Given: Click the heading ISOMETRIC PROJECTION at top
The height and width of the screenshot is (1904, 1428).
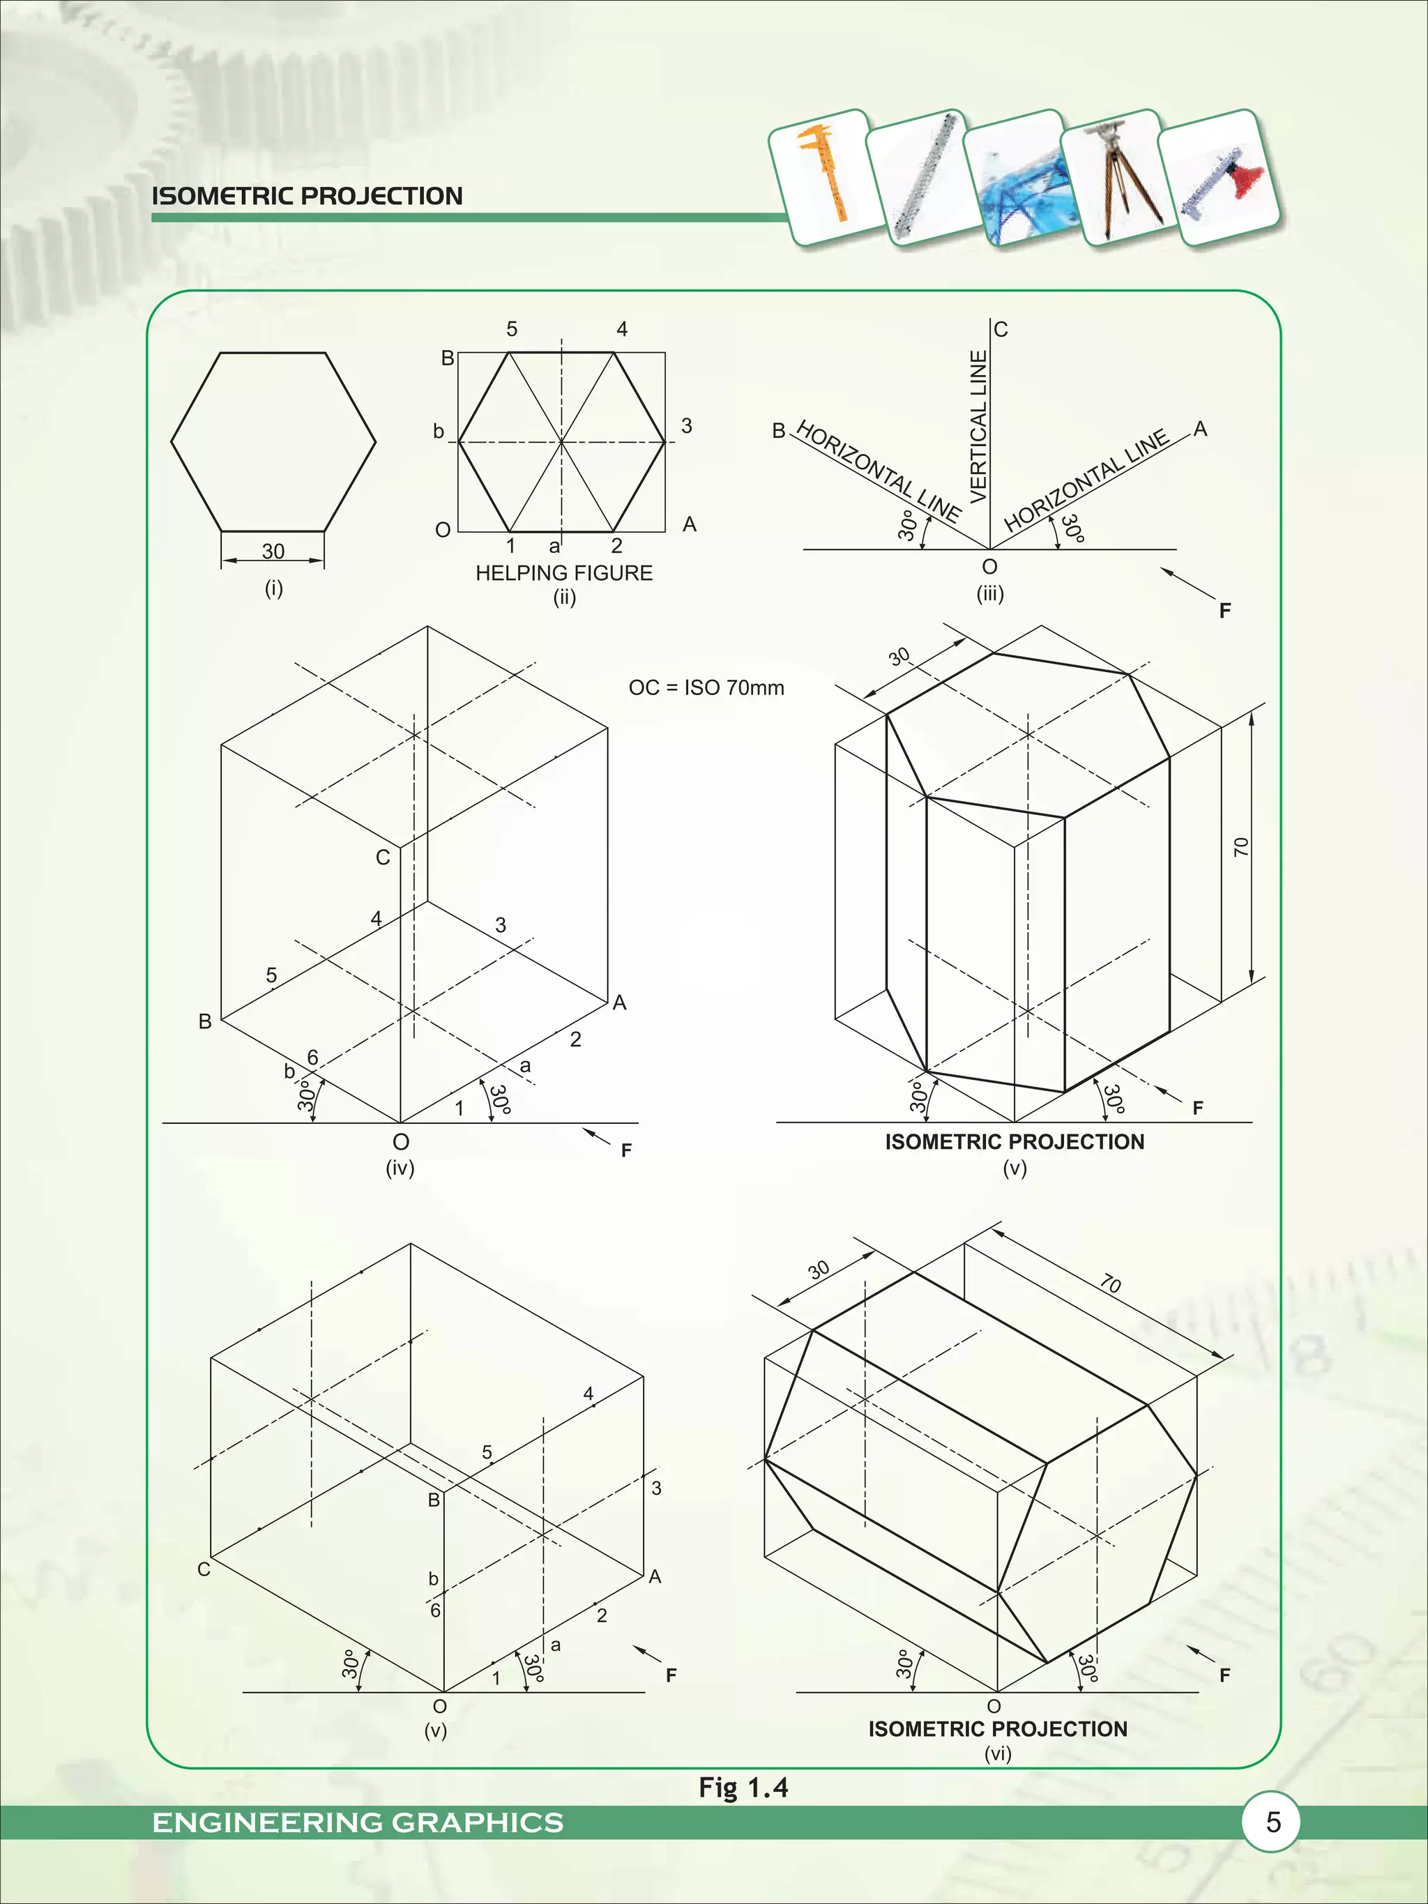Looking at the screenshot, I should (x=307, y=196).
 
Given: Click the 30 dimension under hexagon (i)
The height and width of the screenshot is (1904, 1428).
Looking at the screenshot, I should (x=273, y=551).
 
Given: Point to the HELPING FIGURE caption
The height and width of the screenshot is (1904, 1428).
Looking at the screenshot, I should (x=564, y=573).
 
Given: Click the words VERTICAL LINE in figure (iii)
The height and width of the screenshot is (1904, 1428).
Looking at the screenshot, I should (x=979, y=427).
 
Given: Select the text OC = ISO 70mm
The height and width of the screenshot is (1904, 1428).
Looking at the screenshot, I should (x=706, y=687).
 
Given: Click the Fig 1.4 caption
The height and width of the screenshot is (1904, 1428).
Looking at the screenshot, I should (x=743, y=1788).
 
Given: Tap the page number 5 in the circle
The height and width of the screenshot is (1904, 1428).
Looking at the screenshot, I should (x=1273, y=1822).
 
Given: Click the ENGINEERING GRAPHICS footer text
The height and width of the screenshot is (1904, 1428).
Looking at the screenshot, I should (x=357, y=1823).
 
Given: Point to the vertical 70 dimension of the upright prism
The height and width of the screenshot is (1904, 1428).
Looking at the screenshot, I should (x=1240, y=847).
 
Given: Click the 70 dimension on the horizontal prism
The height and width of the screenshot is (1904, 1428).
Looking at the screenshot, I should (x=1110, y=1285).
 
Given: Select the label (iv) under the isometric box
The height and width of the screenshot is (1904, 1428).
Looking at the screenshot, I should (x=400, y=1168).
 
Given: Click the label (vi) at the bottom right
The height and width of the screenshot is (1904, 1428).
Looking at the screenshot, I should (x=998, y=1753).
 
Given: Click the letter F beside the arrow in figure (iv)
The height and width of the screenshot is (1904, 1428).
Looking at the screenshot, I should (x=625, y=1150).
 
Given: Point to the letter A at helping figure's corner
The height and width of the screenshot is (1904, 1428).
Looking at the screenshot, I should (x=689, y=524).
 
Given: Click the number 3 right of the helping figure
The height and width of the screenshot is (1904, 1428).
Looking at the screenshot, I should (x=686, y=426).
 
